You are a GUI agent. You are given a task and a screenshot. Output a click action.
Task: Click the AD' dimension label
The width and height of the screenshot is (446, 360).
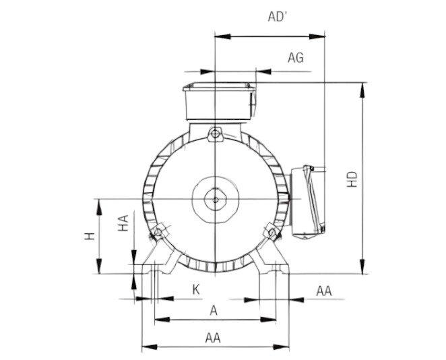[x=276, y=17]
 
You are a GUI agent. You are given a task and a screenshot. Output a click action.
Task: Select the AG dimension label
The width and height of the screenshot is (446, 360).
[x=296, y=58]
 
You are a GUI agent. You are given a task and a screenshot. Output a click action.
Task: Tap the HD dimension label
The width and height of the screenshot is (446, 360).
[x=352, y=179]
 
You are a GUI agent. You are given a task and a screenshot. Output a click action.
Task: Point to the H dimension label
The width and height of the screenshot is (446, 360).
[x=90, y=236]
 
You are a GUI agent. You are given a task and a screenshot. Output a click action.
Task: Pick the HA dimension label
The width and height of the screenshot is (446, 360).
[x=123, y=223]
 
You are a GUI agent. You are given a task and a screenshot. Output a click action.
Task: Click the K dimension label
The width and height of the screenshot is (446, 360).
[x=195, y=290]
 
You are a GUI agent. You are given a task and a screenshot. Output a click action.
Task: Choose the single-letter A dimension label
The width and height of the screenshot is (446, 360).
[x=214, y=311]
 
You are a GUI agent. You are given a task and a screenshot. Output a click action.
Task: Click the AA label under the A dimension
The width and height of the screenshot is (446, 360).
[x=213, y=338]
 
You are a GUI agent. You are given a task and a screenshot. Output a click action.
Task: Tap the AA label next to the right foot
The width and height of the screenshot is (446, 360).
[x=324, y=291]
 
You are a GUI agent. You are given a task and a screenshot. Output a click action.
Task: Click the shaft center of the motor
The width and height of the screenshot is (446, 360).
[x=216, y=199]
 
